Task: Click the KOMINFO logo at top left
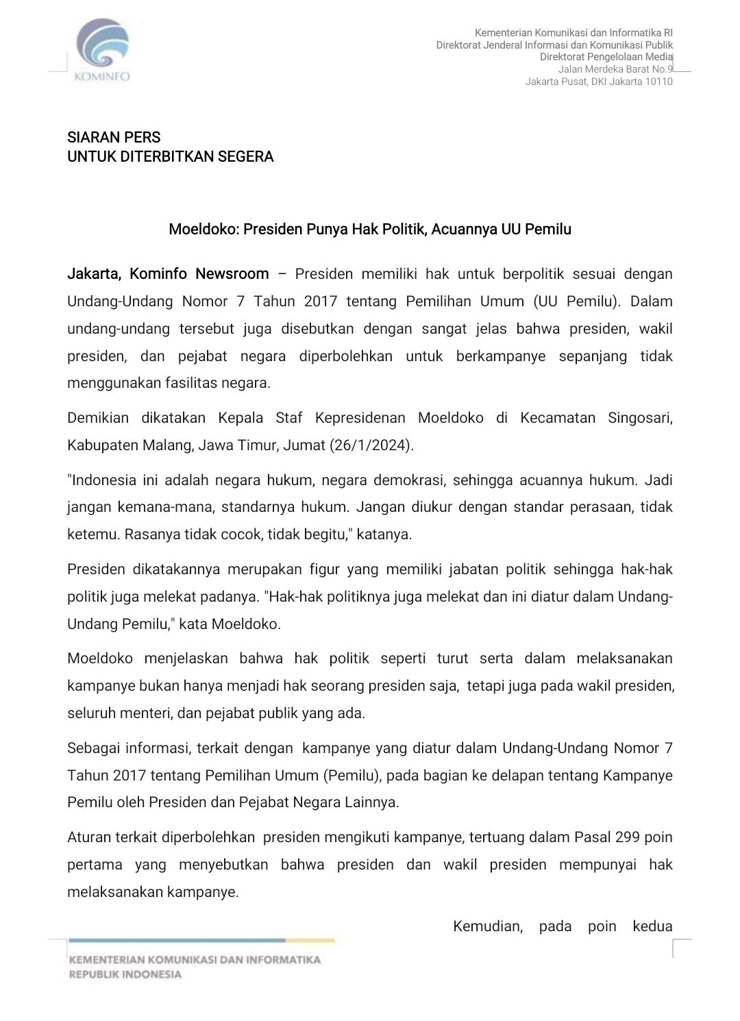click(x=103, y=50)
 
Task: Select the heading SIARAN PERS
click(x=114, y=137)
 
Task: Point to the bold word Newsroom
click(x=232, y=274)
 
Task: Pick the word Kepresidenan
click(x=360, y=418)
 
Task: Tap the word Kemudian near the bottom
click(x=487, y=926)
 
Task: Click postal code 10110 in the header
click(x=659, y=82)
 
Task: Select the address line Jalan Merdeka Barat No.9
click(x=615, y=69)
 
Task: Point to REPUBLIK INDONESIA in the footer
click(x=125, y=974)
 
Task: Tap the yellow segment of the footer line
click(x=310, y=940)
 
